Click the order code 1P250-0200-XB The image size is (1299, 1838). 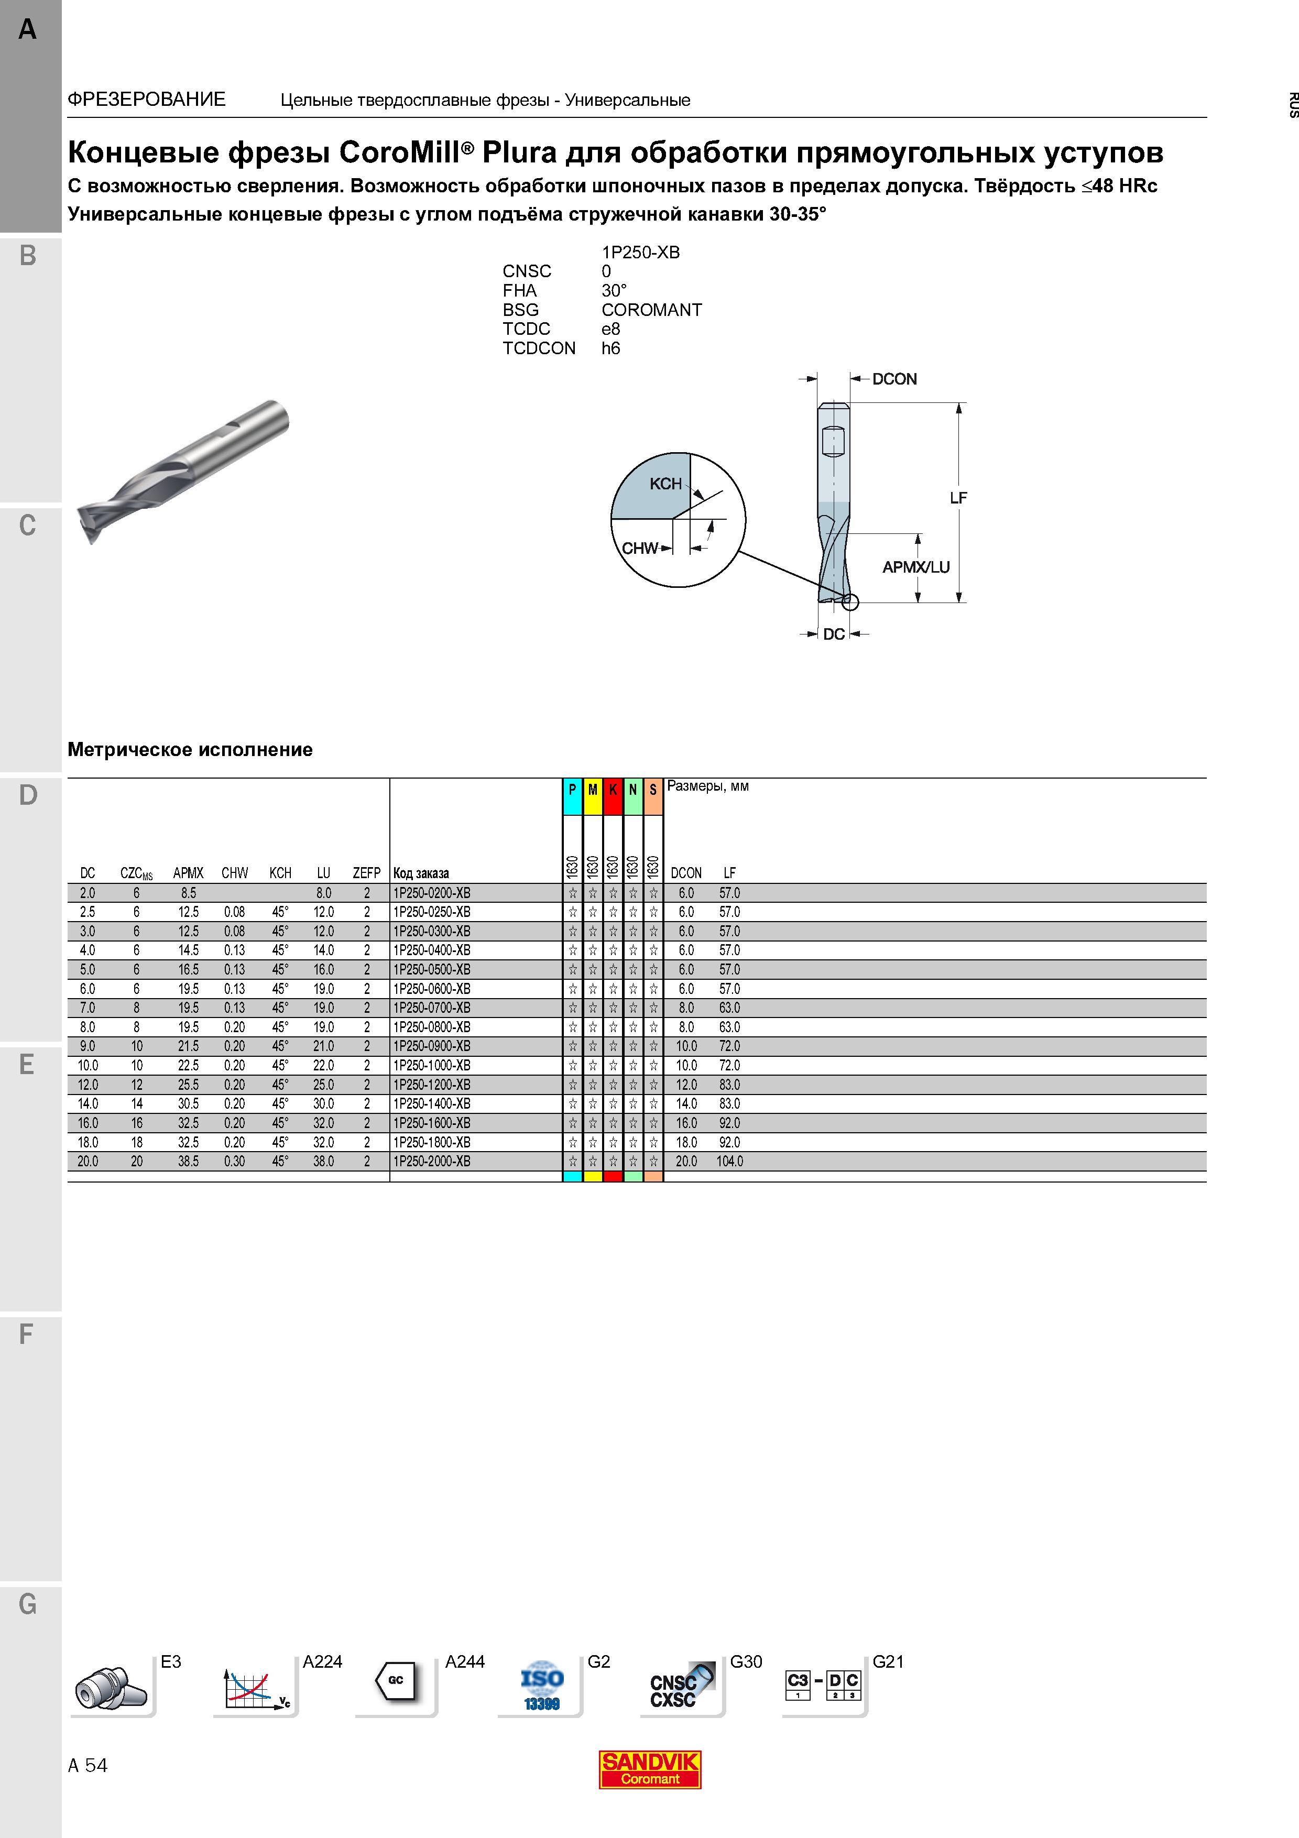coord(431,893)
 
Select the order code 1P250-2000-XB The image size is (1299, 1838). coord(431,1161)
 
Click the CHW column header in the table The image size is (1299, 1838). coord(235,872)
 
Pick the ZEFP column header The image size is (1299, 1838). coord(367,872)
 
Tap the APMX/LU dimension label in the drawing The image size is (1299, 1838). coord(915,567)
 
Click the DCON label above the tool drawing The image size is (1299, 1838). coord(894,379)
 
